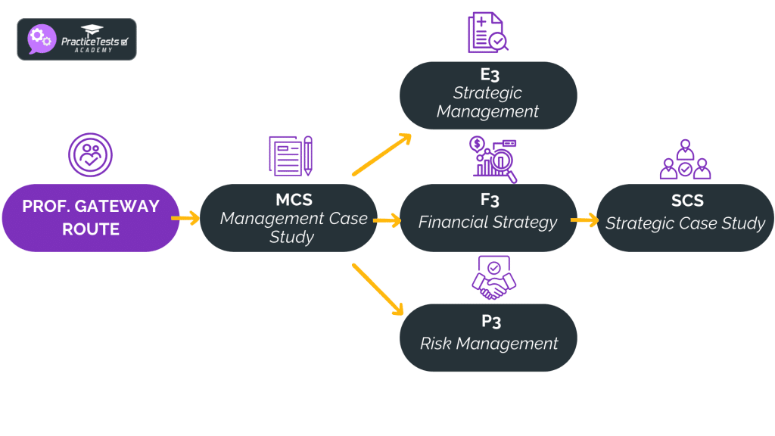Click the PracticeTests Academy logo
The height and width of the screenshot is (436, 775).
pos(76,39)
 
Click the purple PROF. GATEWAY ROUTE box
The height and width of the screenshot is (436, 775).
pos(91,217)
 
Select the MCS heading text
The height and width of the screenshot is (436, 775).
pos(294,201)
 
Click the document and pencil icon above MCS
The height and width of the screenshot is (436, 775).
pos(291,156)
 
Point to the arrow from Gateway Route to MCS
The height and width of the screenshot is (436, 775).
pos(185,219)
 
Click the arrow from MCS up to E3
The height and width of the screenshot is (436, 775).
pos(381,155)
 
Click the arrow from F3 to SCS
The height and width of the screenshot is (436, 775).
pos(584,221)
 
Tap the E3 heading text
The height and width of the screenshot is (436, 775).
pos(489,74)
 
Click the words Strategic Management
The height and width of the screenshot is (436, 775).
pos(488,102)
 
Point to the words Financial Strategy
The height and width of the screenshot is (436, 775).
pos(488,223)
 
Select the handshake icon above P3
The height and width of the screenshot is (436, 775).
pos(493,278)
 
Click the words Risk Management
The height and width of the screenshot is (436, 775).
pos(489,343)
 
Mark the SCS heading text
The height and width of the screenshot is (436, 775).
pos(686,201)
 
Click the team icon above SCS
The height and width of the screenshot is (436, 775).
pos(685,160)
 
